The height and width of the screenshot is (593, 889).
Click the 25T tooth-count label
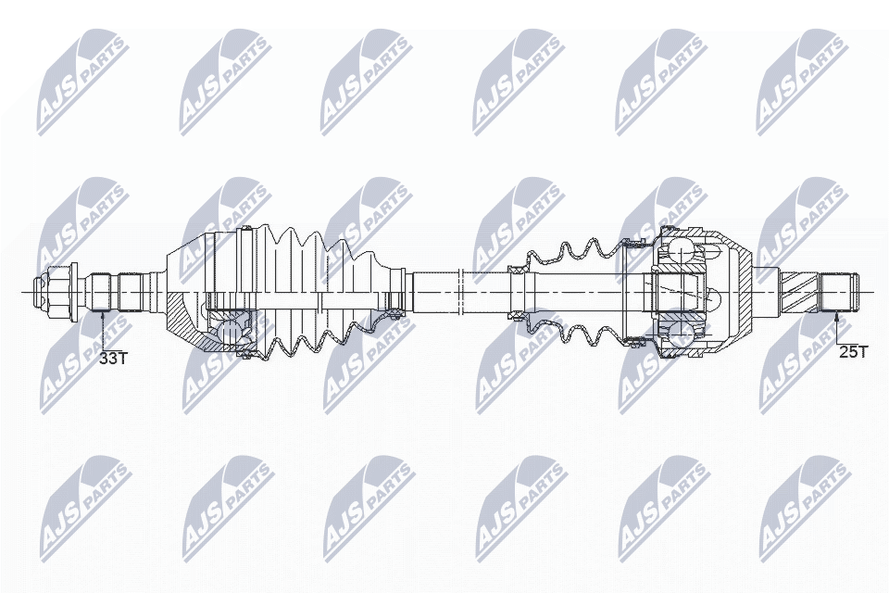(x=853, y=352)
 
